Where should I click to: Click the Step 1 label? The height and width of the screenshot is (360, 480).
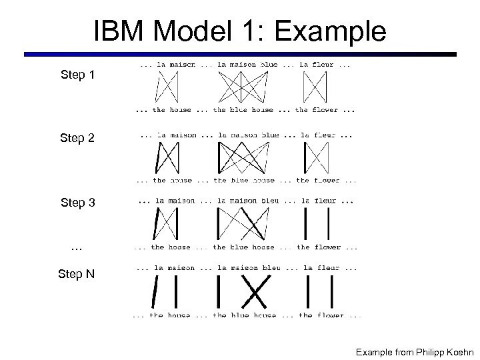tap(77, 75)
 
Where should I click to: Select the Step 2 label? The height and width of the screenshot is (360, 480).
tap(77, 139)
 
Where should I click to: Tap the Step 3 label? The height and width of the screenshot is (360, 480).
tap(77, 203)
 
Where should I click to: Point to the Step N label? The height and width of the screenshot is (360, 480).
tap(77, 274)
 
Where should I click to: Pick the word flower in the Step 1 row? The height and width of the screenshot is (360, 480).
tap(325, 110)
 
